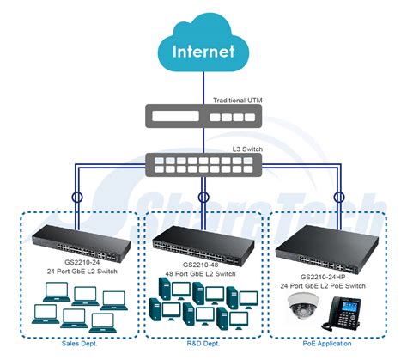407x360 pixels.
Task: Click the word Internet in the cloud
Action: point(203,52)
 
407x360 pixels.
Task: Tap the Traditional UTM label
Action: point(237,101)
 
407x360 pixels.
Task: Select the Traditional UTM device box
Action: point(203,116)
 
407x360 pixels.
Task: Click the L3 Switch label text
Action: point(247,149)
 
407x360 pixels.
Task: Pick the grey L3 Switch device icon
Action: point(203,165)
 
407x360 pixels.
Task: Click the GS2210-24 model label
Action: point(82,262)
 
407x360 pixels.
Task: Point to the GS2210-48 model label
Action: point(200,265)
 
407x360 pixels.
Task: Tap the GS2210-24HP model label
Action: point(323,277)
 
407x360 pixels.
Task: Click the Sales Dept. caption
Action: point(79,344)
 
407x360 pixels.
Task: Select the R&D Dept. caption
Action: point(203,344)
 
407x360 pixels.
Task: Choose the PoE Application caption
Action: point(327,344)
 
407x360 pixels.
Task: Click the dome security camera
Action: point(303,305)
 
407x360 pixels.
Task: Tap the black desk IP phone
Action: point(341,314)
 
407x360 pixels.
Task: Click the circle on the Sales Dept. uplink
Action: point(76,197)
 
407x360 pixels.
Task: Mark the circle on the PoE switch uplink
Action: point(339,197)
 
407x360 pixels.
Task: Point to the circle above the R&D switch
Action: point(203,197)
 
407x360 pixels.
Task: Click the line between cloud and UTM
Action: point(203,88)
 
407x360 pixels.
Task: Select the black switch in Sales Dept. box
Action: point(82,243)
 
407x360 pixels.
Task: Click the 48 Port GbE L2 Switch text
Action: point(200,274)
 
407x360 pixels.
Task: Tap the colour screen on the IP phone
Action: point(349,308)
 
